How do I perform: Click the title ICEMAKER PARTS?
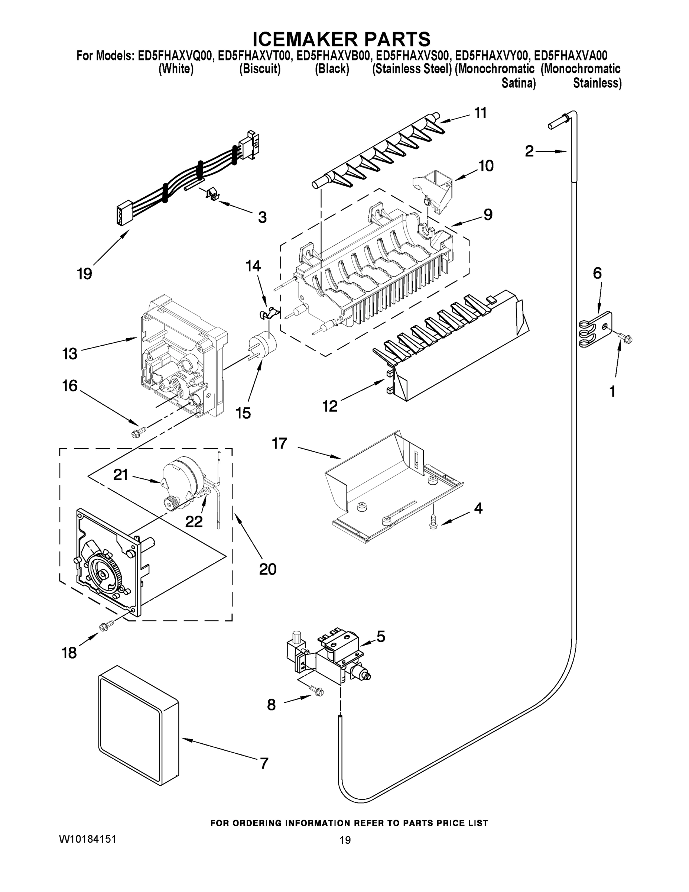click(x=341, y=39)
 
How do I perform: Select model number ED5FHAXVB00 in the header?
click(x=333, y=56)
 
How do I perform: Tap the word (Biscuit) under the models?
click(x=260, y=69)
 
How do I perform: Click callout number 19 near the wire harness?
click(x=84, y=273)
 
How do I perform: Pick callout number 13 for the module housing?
click(x=70, y=353)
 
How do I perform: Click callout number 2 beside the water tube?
click(x=529, y=152)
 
